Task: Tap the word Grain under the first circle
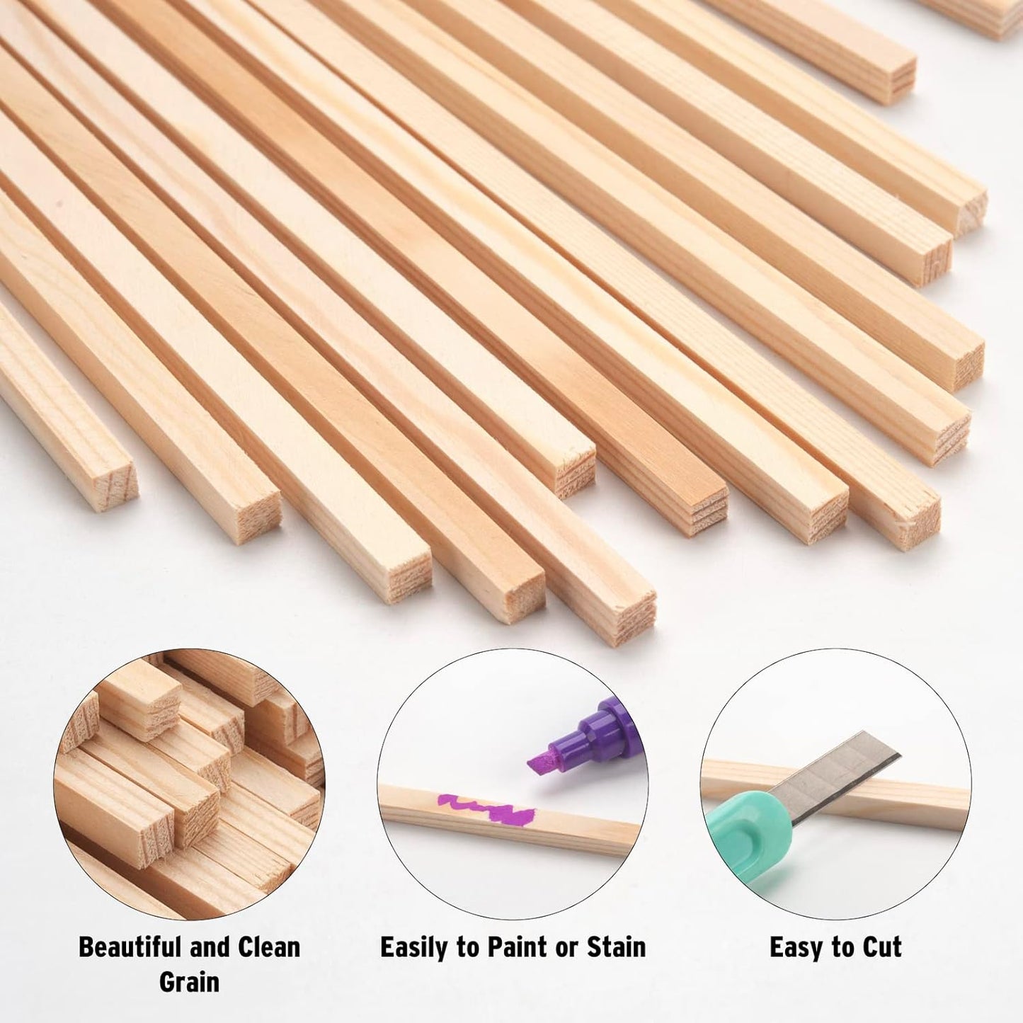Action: (189, 982)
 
